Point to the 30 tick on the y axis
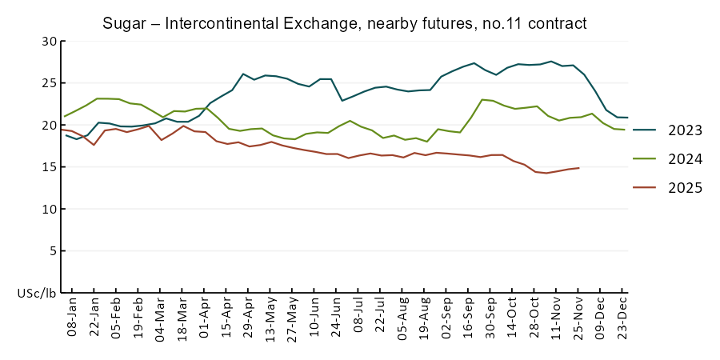click(50, 41)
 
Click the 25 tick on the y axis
click(50, 83)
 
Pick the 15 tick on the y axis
click(50, 167)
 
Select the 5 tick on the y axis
click(53, 251)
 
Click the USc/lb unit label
click(37, 294)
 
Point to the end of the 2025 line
click(578, 168)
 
